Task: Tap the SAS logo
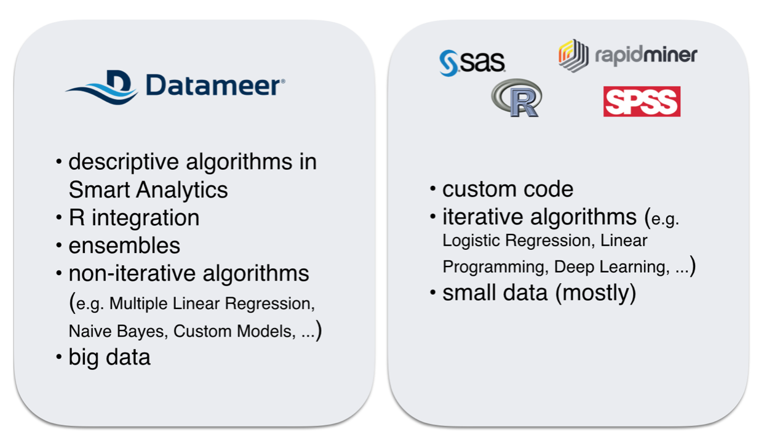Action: click(472, 63)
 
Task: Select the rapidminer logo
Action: click(628, 55)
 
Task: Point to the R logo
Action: click(516, 98)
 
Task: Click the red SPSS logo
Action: click(642, 102)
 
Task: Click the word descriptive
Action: click(124, 162)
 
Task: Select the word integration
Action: click(146, 218)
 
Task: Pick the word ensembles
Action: click(124, 246)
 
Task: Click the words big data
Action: click(109, 357)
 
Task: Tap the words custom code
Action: click(508, 189)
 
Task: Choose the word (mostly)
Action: click(596, 293)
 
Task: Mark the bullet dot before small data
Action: click(433, 293)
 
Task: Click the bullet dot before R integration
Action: click(59, 217)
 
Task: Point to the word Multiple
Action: click(138, 303)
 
